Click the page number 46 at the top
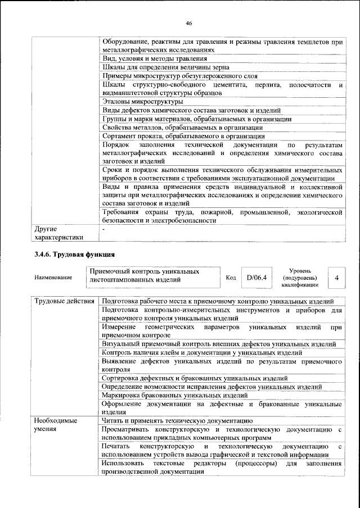coord(189,23)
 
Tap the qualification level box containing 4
coord(336,278)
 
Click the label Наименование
coord(53,278)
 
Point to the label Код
coord(231,278)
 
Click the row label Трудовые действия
coord(64,301)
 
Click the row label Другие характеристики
coord(58,234)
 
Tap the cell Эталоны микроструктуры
coord(143,102)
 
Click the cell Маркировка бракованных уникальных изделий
coord(175,395)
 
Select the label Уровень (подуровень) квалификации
coord(301,277)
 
